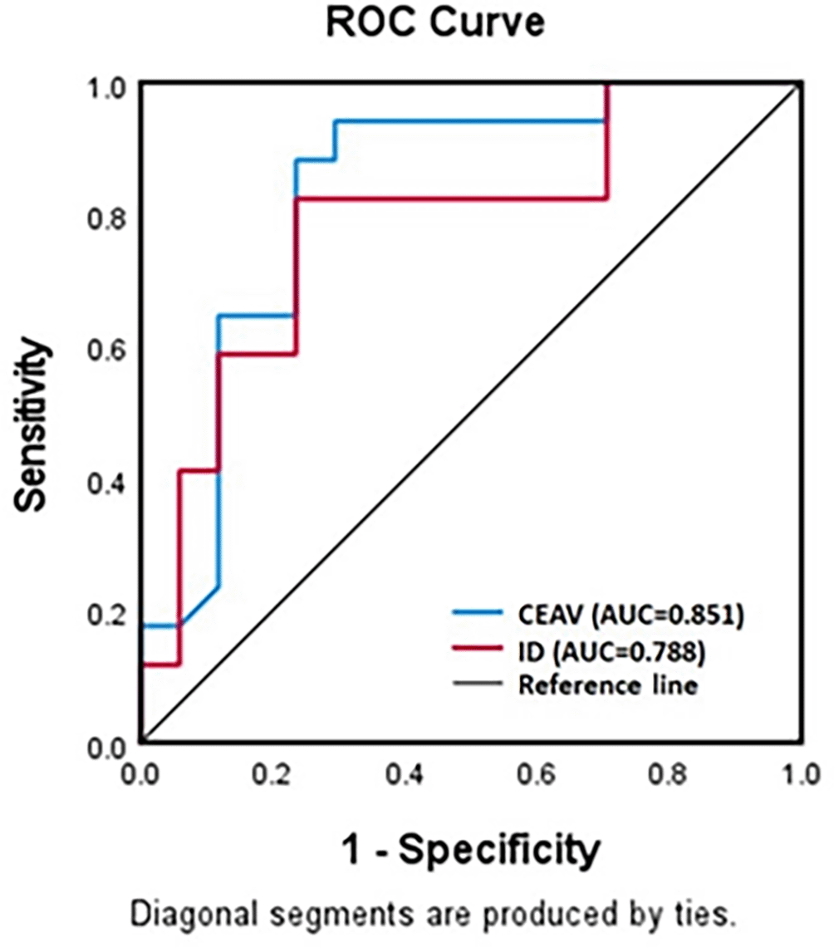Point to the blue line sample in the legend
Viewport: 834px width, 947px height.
478,614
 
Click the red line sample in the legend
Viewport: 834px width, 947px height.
478,651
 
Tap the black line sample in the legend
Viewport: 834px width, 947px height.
478,685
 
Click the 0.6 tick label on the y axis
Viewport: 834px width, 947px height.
107,351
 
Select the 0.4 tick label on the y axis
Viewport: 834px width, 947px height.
107,483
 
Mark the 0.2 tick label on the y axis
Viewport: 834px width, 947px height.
107,615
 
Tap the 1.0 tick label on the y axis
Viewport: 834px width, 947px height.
107,86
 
